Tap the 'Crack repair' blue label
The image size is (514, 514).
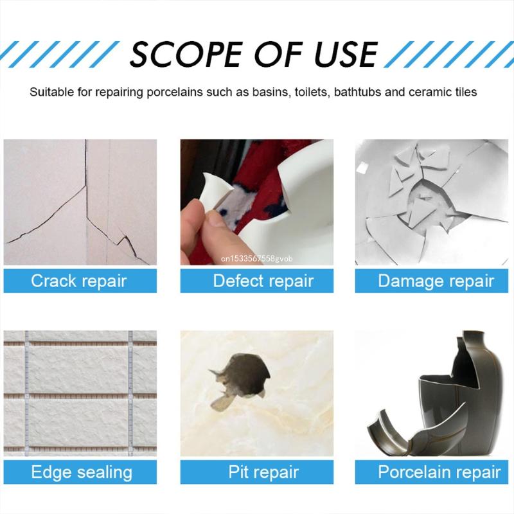pyautogui.click(x=79, y=281)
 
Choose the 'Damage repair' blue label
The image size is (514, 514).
pyautogui.click(x=436, y=281)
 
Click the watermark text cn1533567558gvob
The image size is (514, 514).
pyautogui.click(x=256, y=259)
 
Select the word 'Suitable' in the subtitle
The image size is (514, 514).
pyautogui.click(x=51, y=92)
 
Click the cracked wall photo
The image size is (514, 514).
pyautogui.click(x=80, y=202)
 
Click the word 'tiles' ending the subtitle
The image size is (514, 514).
pyautogui.click(x=464, y=92)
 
